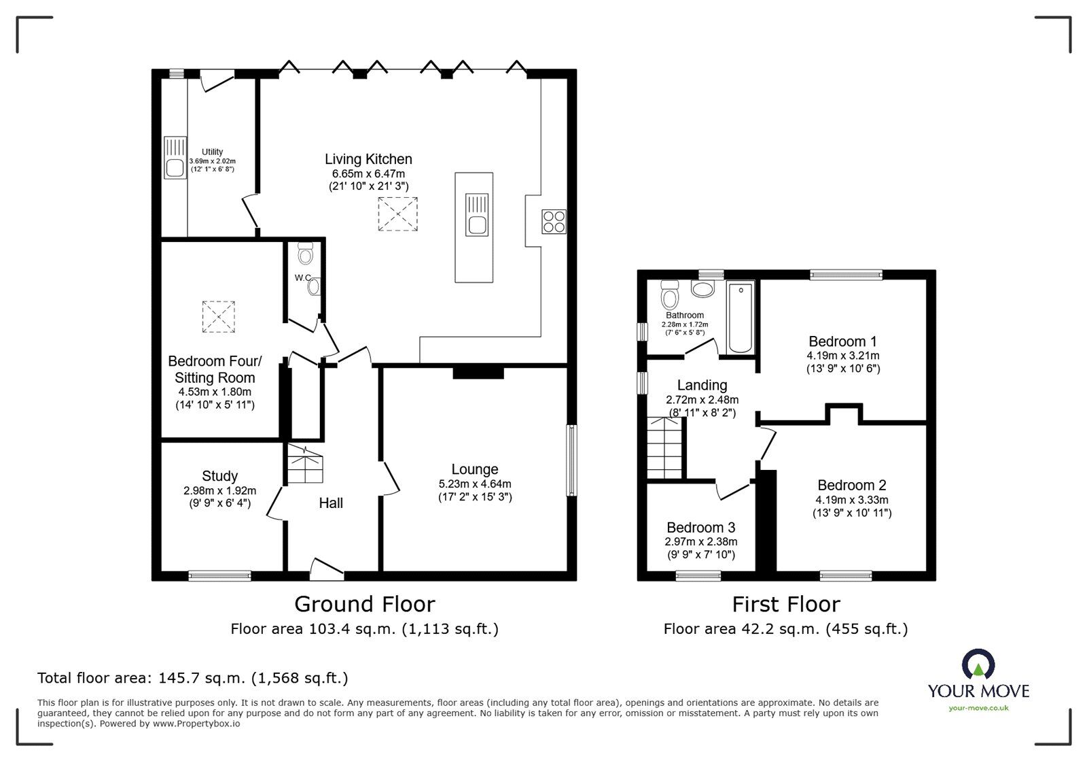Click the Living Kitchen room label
coord(368,159)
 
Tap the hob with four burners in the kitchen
coord(554,222)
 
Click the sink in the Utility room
coord(175,158)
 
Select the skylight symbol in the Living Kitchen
coord(397,214)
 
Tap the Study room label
coord(219,476)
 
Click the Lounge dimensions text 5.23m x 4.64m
coord(475,484)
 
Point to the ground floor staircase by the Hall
coord(304,464)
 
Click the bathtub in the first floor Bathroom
coord(741,318)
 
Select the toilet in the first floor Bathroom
coord(669,295)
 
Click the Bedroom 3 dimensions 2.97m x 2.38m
coord(700,542)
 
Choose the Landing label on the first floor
coord(702,386)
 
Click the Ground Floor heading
coord(364,604)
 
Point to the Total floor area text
coord(192,678)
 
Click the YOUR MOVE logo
coord(978,681)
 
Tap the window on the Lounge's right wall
coord(572,460)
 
